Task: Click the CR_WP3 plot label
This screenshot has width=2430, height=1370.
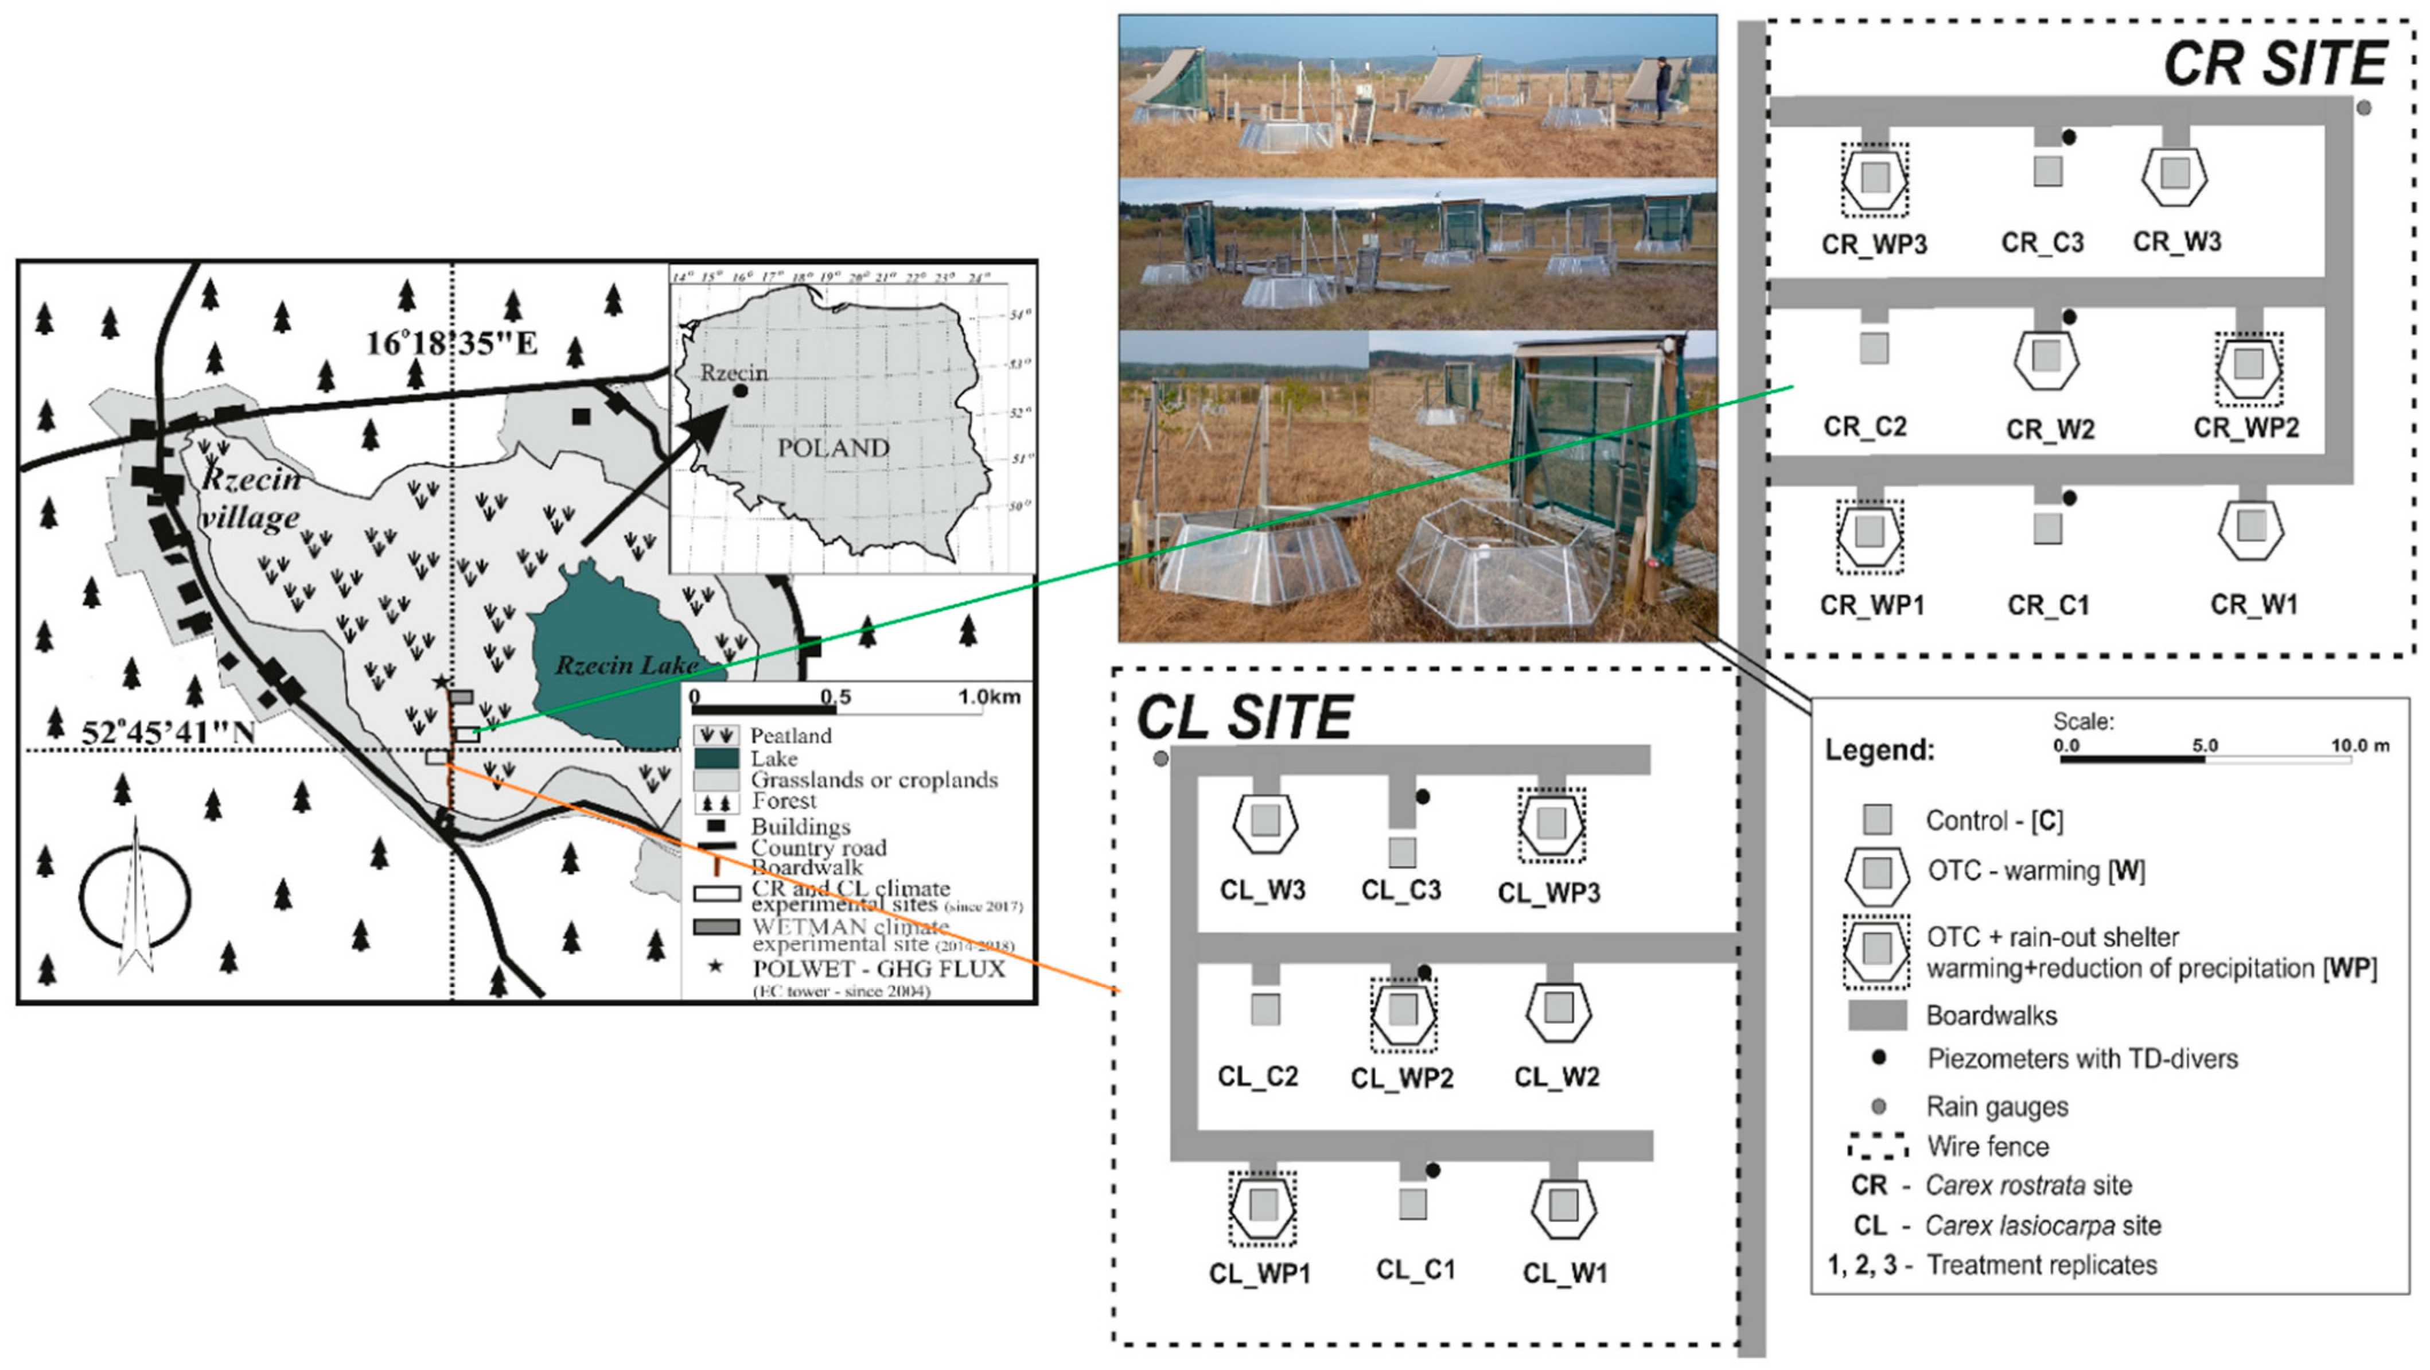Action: [1874, 244]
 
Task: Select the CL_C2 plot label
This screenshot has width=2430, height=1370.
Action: [1257, 1077]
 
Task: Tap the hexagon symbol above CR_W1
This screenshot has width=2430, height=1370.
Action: [2252, 527]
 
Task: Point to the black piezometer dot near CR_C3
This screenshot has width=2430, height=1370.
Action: [2069, 137]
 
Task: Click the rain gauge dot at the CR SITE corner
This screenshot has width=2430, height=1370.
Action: [2363, 107]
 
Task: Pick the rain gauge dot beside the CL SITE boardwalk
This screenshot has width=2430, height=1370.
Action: [1161, 758]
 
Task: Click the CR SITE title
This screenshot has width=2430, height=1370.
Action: [2273, 64]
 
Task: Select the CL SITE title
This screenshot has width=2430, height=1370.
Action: [1245, 717]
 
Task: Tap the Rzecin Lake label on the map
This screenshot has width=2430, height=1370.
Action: [625, 665]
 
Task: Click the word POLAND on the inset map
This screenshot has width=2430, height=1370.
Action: [833, 447]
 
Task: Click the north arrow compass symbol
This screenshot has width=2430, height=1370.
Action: [135, 896]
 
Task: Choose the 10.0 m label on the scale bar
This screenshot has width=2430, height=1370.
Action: [2360, 745]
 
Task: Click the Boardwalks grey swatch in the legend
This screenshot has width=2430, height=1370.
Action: [1876, 1015]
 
